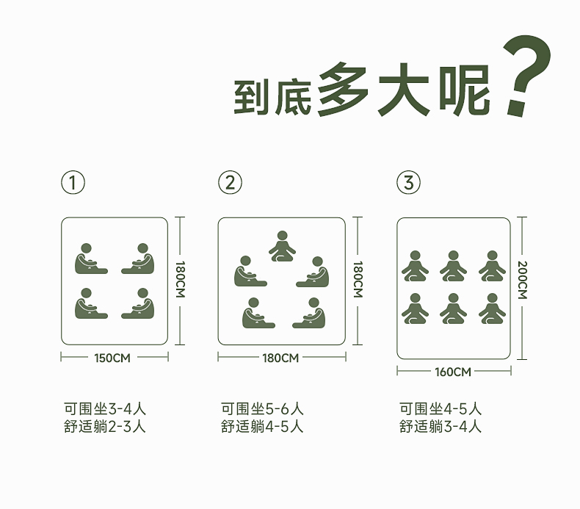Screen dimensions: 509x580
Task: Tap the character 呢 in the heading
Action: (x=464, y=91)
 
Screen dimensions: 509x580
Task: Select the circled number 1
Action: (x=73, y=182)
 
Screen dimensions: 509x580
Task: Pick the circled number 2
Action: (x=230, y=182)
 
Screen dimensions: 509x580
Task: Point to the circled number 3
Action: (x=408, y=182)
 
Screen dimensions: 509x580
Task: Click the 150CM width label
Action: (x=113, y=358)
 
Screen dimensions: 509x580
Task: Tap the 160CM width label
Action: (x=453, y=372)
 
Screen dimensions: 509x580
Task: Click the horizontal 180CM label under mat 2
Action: (x=280, y=358)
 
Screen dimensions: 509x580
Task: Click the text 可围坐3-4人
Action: (x=105, y=409)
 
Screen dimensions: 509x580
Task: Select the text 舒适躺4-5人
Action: (x=262, y=426)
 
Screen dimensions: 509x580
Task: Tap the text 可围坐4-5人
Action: (x=441, y=409)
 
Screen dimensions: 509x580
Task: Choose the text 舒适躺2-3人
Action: (x=105, y=426)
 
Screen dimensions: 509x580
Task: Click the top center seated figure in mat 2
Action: (x=282, y=247)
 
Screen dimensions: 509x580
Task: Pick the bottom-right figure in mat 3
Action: (x=492, y=309)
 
